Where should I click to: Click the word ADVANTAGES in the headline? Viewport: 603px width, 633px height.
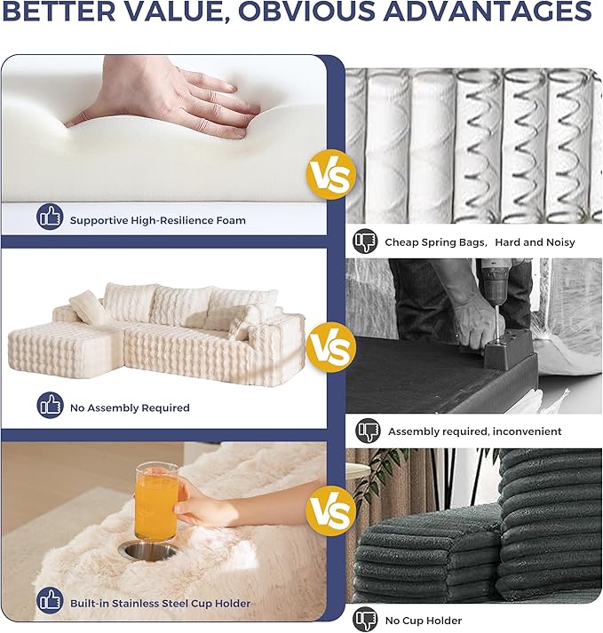[x=488, y=11]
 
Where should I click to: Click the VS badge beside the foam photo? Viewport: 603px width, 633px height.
[x=330, y=174]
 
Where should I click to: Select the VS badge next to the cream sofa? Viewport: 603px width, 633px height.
[x=330, y=347]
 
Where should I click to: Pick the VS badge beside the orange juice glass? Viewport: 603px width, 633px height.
[x=330, y=510]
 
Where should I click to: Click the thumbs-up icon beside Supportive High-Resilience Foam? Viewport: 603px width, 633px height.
[x=50, y=217]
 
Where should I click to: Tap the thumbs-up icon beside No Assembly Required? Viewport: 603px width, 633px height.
[x=50, y=405]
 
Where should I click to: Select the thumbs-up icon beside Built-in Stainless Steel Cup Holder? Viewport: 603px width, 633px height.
[x=50, y=600]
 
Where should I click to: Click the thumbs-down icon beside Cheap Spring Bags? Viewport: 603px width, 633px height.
[x=365, y=241]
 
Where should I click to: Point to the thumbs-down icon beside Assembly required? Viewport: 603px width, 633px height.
[x=369, y=431]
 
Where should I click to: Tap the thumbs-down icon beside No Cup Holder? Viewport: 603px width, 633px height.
[x=365, y=620]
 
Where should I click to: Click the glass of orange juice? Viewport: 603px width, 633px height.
[x=156, y=503]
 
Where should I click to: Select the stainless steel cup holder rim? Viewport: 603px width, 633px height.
[x=148, y=550]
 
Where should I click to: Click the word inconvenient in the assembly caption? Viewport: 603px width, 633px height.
[x=527, y=431]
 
